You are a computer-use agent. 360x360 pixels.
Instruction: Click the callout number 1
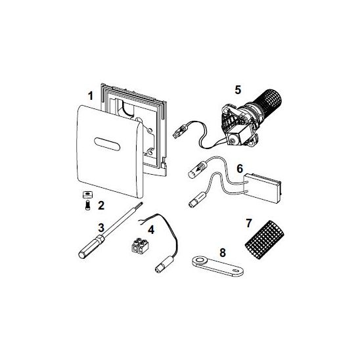pyautogui.click(x=91, y=96)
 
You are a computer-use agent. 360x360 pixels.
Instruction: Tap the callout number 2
pyautogui.click(x=101, y=206)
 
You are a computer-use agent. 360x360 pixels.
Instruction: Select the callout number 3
pyautogui.click(x=101, y=228)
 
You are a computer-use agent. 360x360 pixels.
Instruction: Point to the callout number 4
pyautogui.click(x=151, y=230)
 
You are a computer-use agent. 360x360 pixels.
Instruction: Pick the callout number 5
pyautogui.click(x=238, y=89)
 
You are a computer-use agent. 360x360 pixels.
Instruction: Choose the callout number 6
pyautogui.click(x=240, y=169)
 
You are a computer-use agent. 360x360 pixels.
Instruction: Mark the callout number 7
pyautogui.click(x=249, y=223)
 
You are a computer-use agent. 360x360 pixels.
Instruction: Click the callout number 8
pyautogui.click(x=223, y=253)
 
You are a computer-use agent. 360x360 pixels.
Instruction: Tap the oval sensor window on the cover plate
pyautogui.click(x=107, y=144)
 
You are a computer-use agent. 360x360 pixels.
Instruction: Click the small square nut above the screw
pyautogui.click(x=87, y=195)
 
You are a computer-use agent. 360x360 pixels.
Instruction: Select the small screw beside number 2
pyautogui.click(x=87, y=205)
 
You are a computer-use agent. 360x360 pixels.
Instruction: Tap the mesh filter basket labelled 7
pyautogui.click(x=265, y=240)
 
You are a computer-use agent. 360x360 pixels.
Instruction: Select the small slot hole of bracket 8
pyautogui.click(x=236, y=271)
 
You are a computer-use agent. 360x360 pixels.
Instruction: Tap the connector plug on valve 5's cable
pyautogui.click(x=179, y=133)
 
